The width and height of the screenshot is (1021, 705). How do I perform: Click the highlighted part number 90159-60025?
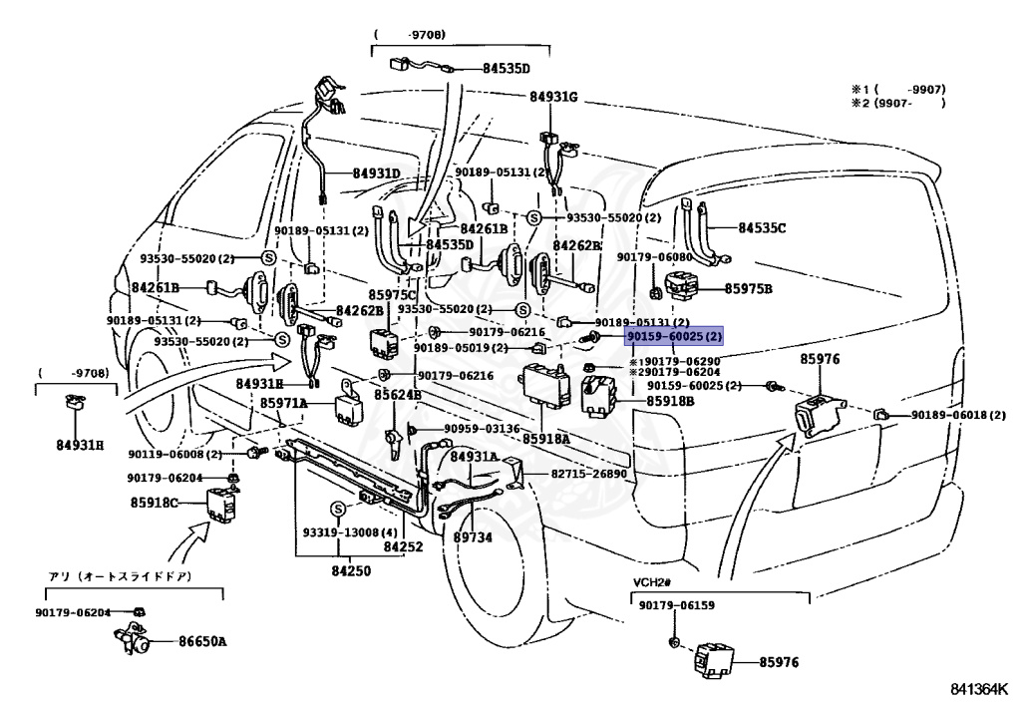click(x=665, y=337)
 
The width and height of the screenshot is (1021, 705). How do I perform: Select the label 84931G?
click(x=553, y=97)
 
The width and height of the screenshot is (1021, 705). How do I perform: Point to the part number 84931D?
click(x=376, y=174)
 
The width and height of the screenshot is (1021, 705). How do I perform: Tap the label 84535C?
click(x=762, y=227)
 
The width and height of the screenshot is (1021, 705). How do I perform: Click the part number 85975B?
click(x=748, y=288)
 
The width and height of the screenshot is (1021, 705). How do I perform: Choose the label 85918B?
click(x=670, y=401)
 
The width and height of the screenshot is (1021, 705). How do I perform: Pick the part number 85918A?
click(x=546, y=439)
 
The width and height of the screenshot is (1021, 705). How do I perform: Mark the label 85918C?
click(x=154, y=503)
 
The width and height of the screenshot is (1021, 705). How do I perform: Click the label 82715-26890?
click(x=588, y=474)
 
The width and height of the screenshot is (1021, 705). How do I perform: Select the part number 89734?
click(x=474, y=537)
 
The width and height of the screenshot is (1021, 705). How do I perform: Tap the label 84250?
click(x=351, y=571)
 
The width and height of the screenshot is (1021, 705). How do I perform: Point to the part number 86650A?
click(x=203, y=641)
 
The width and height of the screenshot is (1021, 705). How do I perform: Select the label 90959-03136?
click(x=482, y=429)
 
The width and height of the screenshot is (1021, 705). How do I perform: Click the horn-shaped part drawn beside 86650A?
click(x=133, y=639)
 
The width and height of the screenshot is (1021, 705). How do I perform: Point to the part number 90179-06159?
click(x=677, y=604)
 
